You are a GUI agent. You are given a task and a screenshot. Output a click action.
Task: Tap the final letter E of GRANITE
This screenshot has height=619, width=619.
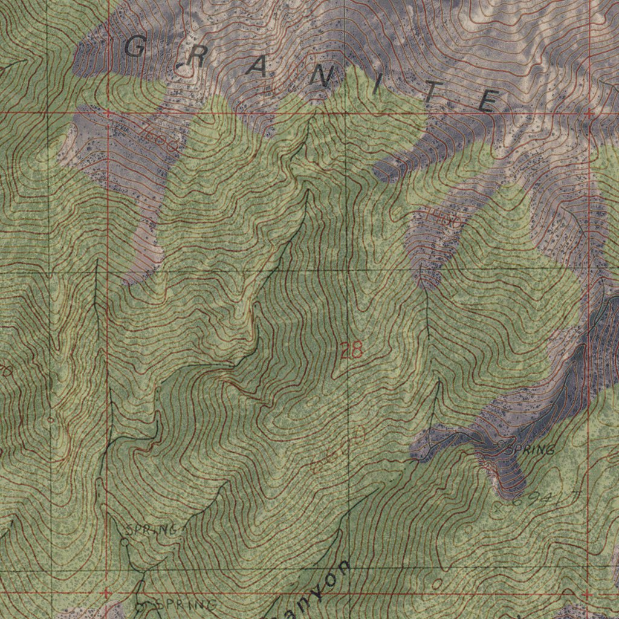490,100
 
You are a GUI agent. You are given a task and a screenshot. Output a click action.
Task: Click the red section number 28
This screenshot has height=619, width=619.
351,350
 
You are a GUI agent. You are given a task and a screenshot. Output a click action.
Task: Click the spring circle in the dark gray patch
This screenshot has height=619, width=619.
501,445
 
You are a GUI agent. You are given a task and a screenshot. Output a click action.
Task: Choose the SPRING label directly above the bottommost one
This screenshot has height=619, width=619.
152,530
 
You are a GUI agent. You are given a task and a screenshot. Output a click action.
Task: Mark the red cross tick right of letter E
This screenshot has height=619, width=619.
588,113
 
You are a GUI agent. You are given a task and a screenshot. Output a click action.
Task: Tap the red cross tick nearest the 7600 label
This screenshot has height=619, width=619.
107,112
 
